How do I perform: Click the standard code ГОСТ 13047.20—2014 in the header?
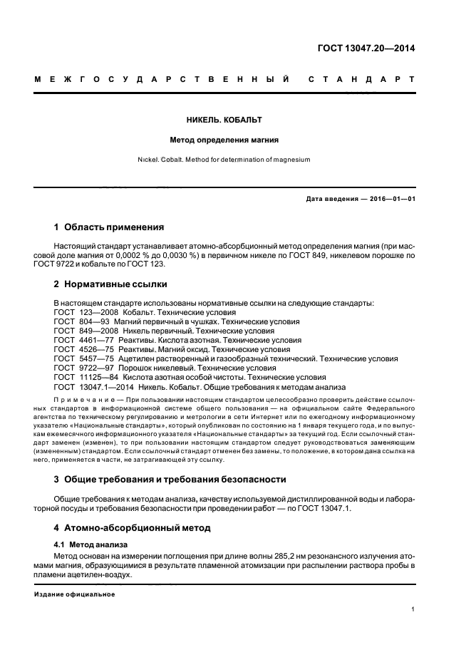coord(366,49)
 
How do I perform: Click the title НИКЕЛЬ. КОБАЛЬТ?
coord(234,120)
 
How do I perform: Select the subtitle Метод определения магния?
coord(234,140)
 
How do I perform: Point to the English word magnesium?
coord(291,160)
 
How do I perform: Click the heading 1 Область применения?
coord(109,228)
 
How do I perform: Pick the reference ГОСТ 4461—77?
coord(76,341)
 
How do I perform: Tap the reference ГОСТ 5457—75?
coord(76,359)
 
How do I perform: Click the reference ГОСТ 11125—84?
coord(79,378)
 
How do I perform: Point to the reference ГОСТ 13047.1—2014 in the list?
coord(89,387)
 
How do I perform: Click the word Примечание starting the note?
coord(85,400)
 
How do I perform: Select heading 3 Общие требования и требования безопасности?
coord(170,479)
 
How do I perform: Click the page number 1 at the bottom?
coord(413,609)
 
